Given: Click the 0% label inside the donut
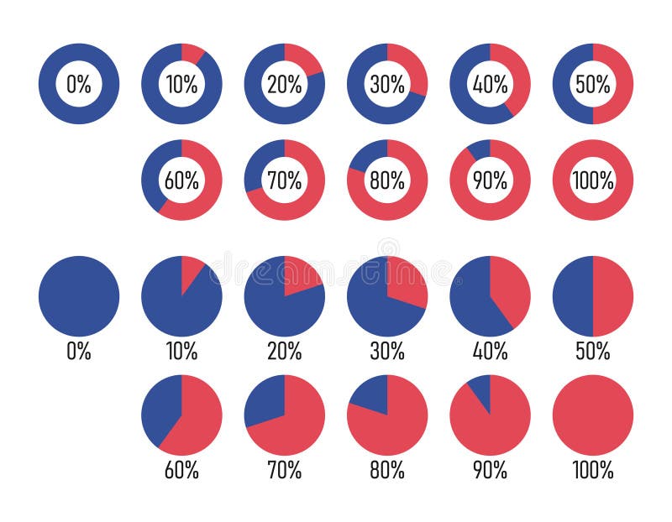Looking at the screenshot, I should pyautogui.click(x=79, y=84).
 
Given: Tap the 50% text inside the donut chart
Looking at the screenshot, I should pyautogui.click(x=593, y=84).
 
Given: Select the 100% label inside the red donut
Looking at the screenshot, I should pyautogui.click(x=593, y=180).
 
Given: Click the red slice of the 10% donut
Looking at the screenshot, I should pyautogui.click(x=192, y=54).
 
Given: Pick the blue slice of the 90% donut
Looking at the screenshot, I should pyautogui.click(x=480, y=149).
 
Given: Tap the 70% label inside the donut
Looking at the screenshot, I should pyautogui.click(x=285, y=180).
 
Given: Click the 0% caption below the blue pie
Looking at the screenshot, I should pyautogui.click(x=79, y=352).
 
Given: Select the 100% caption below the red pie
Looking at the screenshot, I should pyautogui.click(x=593, y=471).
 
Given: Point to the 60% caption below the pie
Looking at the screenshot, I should pyautogui.click(x=181, y=471).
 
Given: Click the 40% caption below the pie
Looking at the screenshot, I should pyautogui.click(x=490, y=352).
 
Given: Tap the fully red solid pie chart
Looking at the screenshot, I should pyautogui.click(x=593, y=415).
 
